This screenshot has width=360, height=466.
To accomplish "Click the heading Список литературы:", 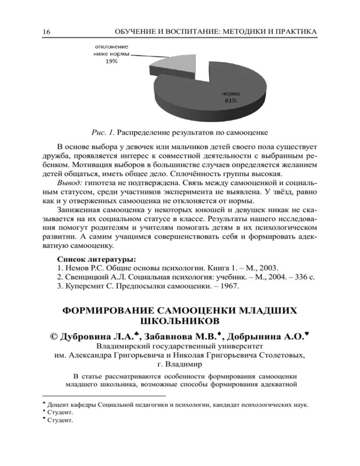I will (x=97, y=259).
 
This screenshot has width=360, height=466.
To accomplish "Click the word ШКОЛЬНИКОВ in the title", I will (x=180, y=322).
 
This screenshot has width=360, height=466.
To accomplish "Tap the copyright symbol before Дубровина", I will (x=54, y=336).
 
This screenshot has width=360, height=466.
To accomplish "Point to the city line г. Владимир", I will (x=180, y=363).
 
